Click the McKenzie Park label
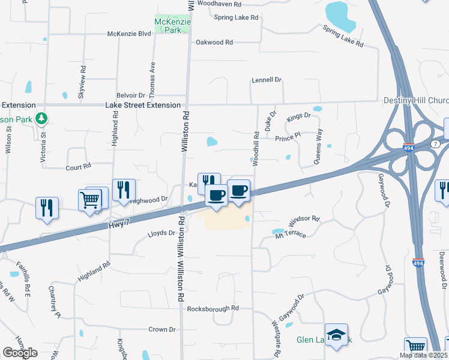[173, 25]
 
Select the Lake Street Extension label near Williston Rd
[143, 105]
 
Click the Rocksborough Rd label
[213, 308]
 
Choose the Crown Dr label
[162, 329]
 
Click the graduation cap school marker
[336, 334]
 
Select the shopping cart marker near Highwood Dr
[90, 200]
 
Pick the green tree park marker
[41, 118]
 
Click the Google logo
[20, 353]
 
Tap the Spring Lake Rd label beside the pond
[343, 36]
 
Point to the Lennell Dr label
[267, 79]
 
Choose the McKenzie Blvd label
[128, 34]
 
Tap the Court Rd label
[78, 167]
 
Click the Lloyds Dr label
[161, 233]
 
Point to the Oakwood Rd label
[214, 43]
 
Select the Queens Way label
[318, 146]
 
